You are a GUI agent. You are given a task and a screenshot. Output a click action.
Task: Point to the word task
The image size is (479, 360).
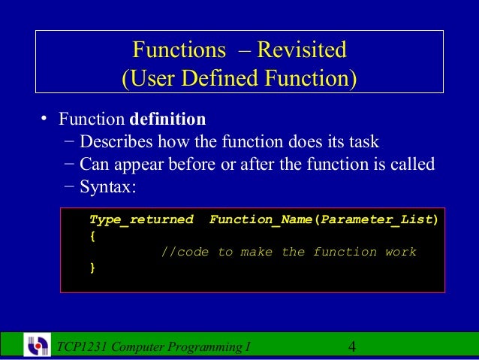(363, 141)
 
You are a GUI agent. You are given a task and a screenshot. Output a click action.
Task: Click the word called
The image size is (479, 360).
(412, 164)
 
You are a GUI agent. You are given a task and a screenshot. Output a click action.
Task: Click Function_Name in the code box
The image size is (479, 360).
(260, 220)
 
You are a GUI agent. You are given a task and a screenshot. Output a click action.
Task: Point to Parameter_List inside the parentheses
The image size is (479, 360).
(375, 220)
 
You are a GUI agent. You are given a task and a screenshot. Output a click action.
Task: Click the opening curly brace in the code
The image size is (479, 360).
(92, 236)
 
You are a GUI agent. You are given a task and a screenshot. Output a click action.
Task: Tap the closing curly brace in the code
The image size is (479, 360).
(92, 267)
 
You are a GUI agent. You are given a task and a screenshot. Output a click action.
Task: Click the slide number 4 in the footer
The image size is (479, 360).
(353, 347)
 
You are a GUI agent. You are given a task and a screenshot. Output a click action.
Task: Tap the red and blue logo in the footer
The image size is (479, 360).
(38, 346)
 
